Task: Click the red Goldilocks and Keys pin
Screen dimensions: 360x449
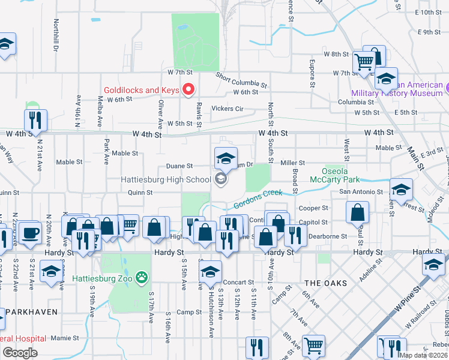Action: click(188, 90)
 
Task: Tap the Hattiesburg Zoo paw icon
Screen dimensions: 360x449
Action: click(142, 278)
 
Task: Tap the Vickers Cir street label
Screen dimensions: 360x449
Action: click(228, 109)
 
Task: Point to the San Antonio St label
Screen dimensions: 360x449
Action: click(361, 192)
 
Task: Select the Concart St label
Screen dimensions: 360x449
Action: click(238, 282)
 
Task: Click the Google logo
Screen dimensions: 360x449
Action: click(20, 353)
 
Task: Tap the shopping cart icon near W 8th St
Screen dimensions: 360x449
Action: click(363, 61)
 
